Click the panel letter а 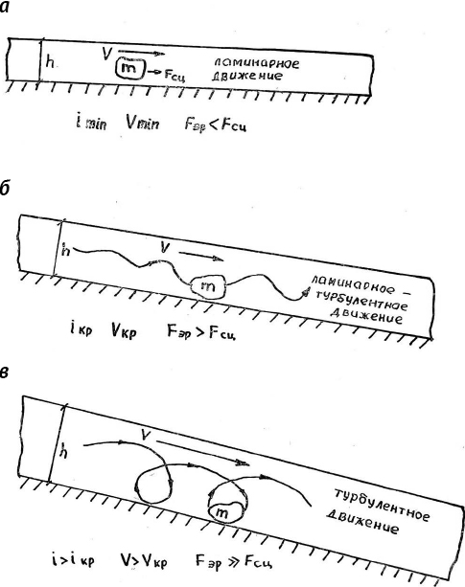tap(4, 8)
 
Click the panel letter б tap(4, 189)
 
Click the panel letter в tap(4, 373)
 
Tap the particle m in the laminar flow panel tap(129, 69)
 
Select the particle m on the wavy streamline tap(208, 287)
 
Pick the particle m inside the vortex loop tap(222, 511)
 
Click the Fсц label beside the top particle tap(174, 76)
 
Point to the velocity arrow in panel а tap(141, 52)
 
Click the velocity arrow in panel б tap(201, 256)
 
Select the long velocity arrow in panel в tap(202, 453)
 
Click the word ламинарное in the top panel tap(255, 62)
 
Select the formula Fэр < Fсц tap(216, 124)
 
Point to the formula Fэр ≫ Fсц tap(233, 561)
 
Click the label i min tap(91, 123)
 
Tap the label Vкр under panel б tap(124, 331)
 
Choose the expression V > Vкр tap(144, 560)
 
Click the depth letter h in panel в tap(64, 453)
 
